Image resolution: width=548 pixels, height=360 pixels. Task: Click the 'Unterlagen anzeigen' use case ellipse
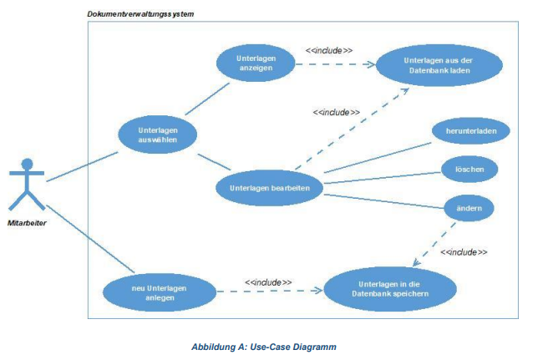click(256, 63)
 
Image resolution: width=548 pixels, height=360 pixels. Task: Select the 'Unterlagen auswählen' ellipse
click(158, 135)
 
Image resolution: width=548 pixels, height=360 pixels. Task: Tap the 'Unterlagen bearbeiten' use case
click(270, 188)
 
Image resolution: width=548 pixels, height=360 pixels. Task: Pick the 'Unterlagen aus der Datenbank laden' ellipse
click(439, 65)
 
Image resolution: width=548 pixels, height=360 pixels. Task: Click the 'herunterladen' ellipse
click(471, 131)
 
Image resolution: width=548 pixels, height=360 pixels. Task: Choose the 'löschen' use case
click(469, 170)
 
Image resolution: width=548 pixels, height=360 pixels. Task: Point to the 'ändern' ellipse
click(469, 208)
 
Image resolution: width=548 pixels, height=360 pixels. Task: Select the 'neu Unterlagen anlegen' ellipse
click(160, 293)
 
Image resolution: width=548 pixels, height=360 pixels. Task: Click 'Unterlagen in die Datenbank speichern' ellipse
click(390, 289)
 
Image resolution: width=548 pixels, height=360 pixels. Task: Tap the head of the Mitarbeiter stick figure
click(27, 164)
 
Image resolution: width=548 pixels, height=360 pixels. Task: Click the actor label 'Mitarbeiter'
click(27, 223)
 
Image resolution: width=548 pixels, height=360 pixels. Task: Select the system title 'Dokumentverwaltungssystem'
click(140, 14)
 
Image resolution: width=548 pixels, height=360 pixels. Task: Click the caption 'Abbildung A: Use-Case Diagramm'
click(264, 347)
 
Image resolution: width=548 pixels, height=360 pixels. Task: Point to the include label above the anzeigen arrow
click(329, 51)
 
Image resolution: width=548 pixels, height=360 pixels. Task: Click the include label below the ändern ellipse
click(464, 252)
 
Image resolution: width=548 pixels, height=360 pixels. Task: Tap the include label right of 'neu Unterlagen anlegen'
click(268, 282)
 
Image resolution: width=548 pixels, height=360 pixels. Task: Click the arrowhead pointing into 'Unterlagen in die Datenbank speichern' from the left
click(318, 290)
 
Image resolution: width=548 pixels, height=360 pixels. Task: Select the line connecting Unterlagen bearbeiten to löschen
click(383, 178)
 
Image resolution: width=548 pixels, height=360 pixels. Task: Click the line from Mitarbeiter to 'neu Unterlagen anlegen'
click(90, 239)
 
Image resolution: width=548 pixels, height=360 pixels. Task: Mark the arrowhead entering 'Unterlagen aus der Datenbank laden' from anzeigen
click(370, 64)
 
